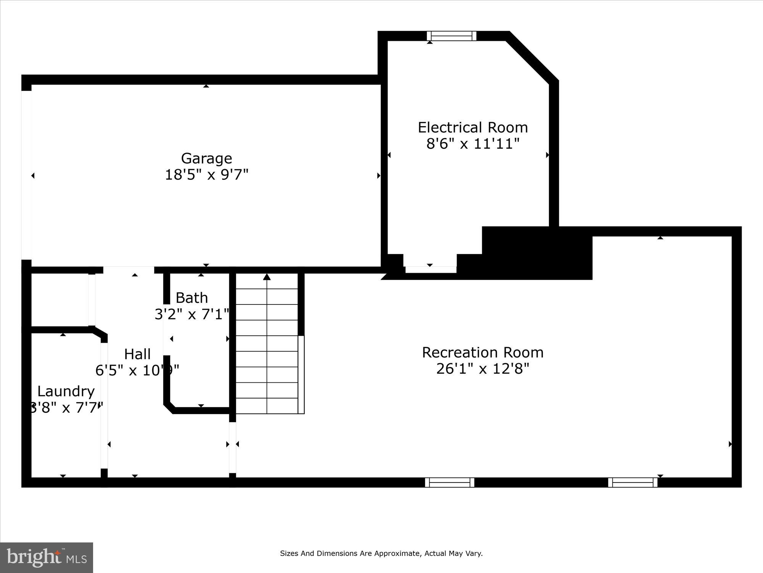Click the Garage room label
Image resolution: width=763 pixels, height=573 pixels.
coord(206,158)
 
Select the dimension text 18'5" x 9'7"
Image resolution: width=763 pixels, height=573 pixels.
coord(206,175)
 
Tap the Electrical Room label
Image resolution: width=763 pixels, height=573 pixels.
coord(473,127)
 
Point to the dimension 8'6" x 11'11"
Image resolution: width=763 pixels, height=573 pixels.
coord(473,144)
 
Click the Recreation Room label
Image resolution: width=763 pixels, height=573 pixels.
coord(483,352)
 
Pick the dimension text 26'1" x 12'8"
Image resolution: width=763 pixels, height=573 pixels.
coord(483,369)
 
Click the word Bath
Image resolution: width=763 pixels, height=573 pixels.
coord(192,298)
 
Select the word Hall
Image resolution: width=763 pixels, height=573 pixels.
coord(137,354)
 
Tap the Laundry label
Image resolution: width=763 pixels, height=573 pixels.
coord(66,391)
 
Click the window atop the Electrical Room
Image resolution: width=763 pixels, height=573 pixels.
coord(451,36)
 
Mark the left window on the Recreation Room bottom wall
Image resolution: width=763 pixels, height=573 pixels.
coord(449,482)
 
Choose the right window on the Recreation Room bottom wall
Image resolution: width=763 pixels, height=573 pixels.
coord(633,482)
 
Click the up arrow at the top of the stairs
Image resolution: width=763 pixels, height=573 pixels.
coord(267,277)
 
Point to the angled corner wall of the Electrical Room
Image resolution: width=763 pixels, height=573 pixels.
coord(532,57)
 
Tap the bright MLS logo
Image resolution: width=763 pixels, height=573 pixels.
coord(47,557)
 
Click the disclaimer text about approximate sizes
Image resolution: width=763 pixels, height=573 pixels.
coord(381,554)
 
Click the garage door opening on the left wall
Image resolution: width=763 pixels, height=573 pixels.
coord(26,175)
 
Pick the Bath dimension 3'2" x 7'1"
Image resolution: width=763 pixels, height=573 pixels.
coord(192,314)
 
